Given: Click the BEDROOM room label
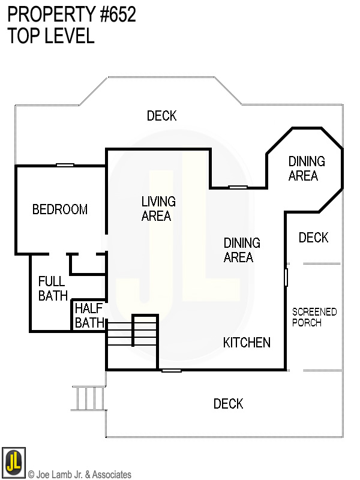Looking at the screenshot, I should (x=60, y=209).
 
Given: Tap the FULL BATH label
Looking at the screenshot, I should (x=52, y=288).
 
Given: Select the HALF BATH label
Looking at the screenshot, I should (x=89, y=316).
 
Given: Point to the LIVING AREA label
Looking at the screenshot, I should (x=158, y=208).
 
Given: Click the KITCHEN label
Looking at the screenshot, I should (x=247, y=343).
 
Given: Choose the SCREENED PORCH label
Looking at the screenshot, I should (x=314, y=317).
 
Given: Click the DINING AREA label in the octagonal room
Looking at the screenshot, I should (x=307, y=169).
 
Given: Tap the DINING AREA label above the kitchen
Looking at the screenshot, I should (x=242, y=250).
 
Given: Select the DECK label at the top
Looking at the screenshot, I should (x=162, y=116).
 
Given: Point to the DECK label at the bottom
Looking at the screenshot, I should (x=229, y=404).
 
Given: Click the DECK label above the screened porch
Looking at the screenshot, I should (x=313, y=238).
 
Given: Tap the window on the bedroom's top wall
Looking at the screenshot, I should (x=65, y=165).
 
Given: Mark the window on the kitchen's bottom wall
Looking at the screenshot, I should (x=172, y=370).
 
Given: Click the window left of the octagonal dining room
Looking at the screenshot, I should (x=238, y=187).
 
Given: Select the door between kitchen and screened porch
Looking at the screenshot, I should (x=286, y=277).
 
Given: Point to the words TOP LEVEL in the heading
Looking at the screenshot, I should (x=51, y=36).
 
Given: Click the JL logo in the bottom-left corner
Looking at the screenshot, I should (x=13, y=463).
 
